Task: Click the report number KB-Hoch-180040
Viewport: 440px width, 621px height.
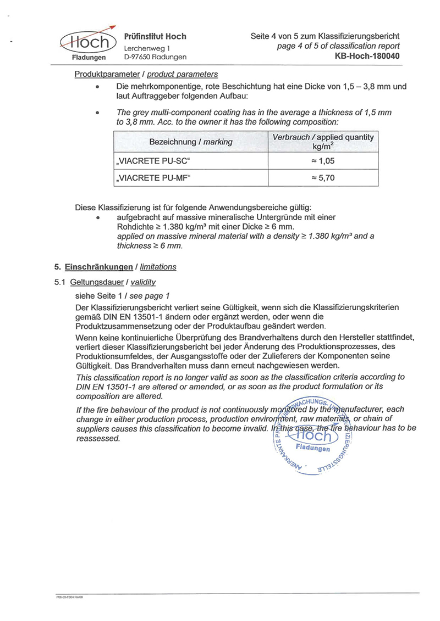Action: pos(367,56)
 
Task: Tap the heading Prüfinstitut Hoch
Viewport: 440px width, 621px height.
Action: pos(156,36)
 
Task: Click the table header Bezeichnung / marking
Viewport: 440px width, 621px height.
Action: pos(191,142)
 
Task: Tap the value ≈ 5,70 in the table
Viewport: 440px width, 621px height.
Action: pos(323,178)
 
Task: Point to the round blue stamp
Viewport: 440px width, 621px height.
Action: pos(311,437)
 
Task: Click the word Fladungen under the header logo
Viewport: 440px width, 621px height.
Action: pos(89,57)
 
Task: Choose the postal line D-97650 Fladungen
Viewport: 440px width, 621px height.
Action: pos(155,57)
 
